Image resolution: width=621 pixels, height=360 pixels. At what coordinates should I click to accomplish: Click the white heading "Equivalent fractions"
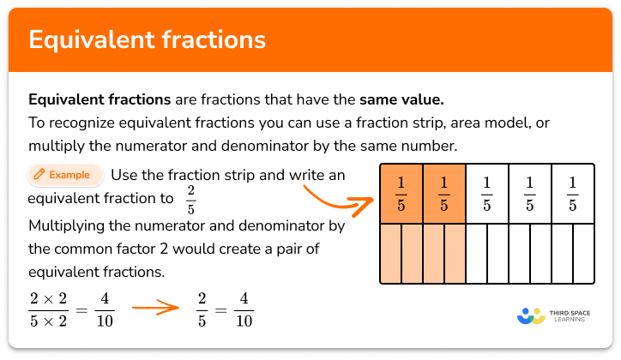click(x=147, y=39)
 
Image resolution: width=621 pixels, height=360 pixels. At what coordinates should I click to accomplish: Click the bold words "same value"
click(x=412, y=99)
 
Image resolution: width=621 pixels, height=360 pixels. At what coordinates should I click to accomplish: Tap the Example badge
click(x=65, y=175)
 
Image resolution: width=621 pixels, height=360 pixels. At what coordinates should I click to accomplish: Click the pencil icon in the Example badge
click(x=39, y=175)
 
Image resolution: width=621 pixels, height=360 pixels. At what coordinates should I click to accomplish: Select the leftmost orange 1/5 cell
click(x=401, y=194)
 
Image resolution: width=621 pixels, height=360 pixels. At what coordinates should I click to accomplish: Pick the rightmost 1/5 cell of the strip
click(x=572, y=194)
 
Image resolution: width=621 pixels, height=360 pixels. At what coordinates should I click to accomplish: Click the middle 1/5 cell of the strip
click(x=486, y=194)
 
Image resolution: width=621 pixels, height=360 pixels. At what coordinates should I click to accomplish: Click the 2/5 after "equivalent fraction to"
click(x=190, y=199)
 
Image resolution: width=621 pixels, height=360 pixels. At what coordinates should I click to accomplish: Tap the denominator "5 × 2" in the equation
click(x=47, y=321)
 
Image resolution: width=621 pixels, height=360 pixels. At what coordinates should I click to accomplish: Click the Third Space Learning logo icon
click(x=531, y=315)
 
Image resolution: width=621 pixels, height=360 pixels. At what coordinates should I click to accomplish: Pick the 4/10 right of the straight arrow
click(x=244, y=310)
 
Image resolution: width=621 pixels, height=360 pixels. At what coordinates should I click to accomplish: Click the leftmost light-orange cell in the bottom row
click(x=390, y=254)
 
